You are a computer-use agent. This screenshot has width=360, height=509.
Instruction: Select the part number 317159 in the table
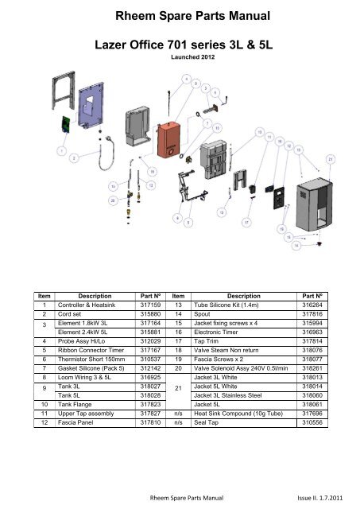(x=152, y=303)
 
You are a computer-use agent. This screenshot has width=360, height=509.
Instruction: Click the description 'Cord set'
(x=72, y=314)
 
